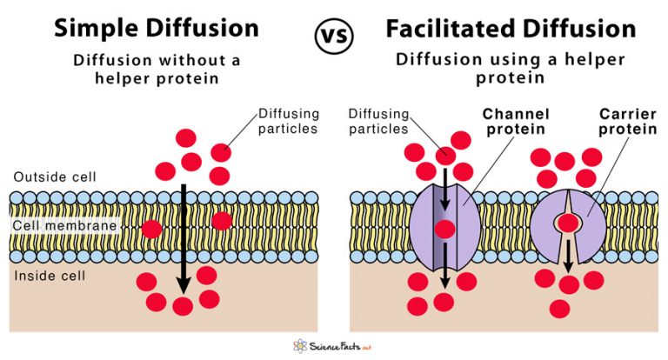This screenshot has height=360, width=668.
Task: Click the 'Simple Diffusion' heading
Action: click(x=157, y=28)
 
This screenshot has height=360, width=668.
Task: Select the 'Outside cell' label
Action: click(x=54, y=177)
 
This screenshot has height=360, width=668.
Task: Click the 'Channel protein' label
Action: click(x=511, y=123)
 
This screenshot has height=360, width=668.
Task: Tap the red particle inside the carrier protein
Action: click(x=569, y=223)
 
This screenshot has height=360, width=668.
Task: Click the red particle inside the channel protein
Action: click(x=445, y=230)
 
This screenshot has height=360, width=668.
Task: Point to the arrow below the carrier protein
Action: click(x=569, y=256)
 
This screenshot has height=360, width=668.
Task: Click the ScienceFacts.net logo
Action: click(x=334, y=345)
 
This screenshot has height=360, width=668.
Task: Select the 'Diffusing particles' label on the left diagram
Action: click(x=289, y=122)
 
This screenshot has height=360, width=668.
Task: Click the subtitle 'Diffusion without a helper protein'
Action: click(x=157, y=70)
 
